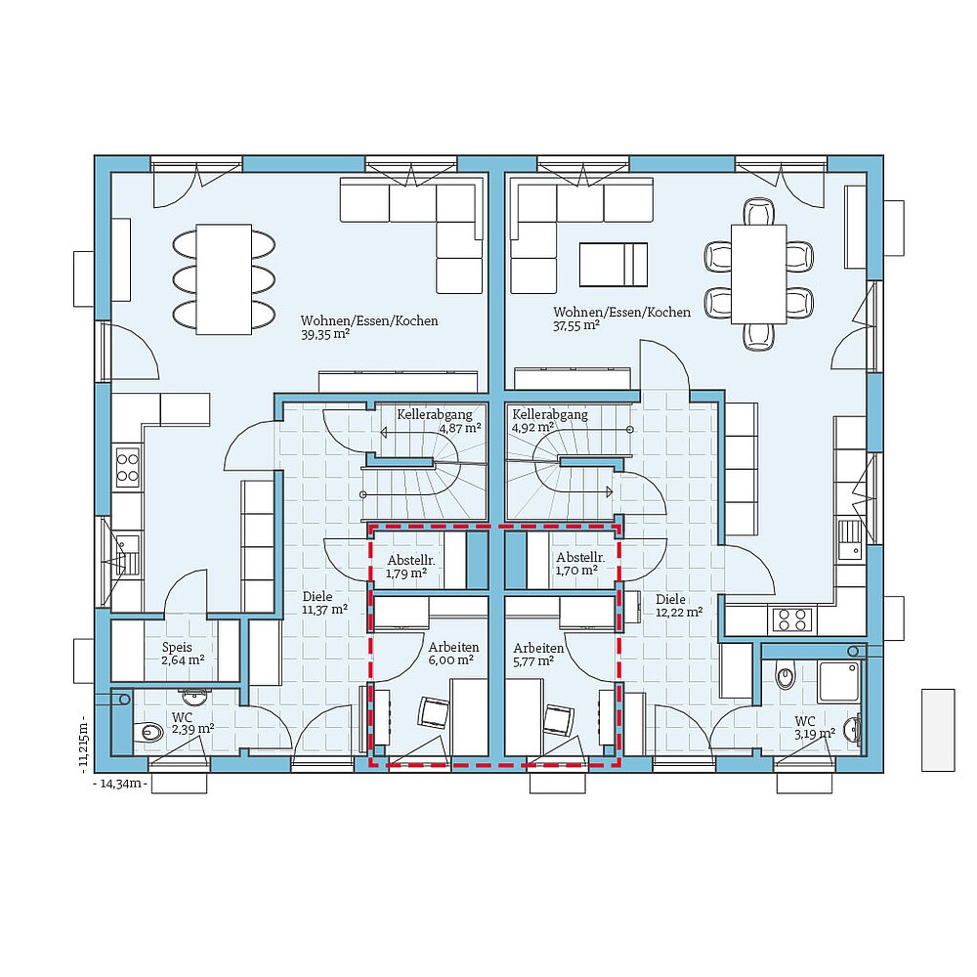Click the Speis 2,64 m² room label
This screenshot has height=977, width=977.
[183, 654]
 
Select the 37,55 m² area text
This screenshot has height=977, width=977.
[576, 326]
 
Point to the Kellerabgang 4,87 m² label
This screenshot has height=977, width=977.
[439, 421]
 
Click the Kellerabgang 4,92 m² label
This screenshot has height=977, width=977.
[549, 421]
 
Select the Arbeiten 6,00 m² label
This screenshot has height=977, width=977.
[452, 654]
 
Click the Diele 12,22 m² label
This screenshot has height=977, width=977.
[678, 606]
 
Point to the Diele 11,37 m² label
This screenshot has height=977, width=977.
[324, 603]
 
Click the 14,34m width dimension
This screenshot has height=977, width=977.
[119, 784]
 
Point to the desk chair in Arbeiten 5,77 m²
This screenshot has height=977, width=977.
[558, 719]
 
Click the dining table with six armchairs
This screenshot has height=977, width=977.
[759, 273]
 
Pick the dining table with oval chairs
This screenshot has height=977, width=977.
[223, 278]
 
